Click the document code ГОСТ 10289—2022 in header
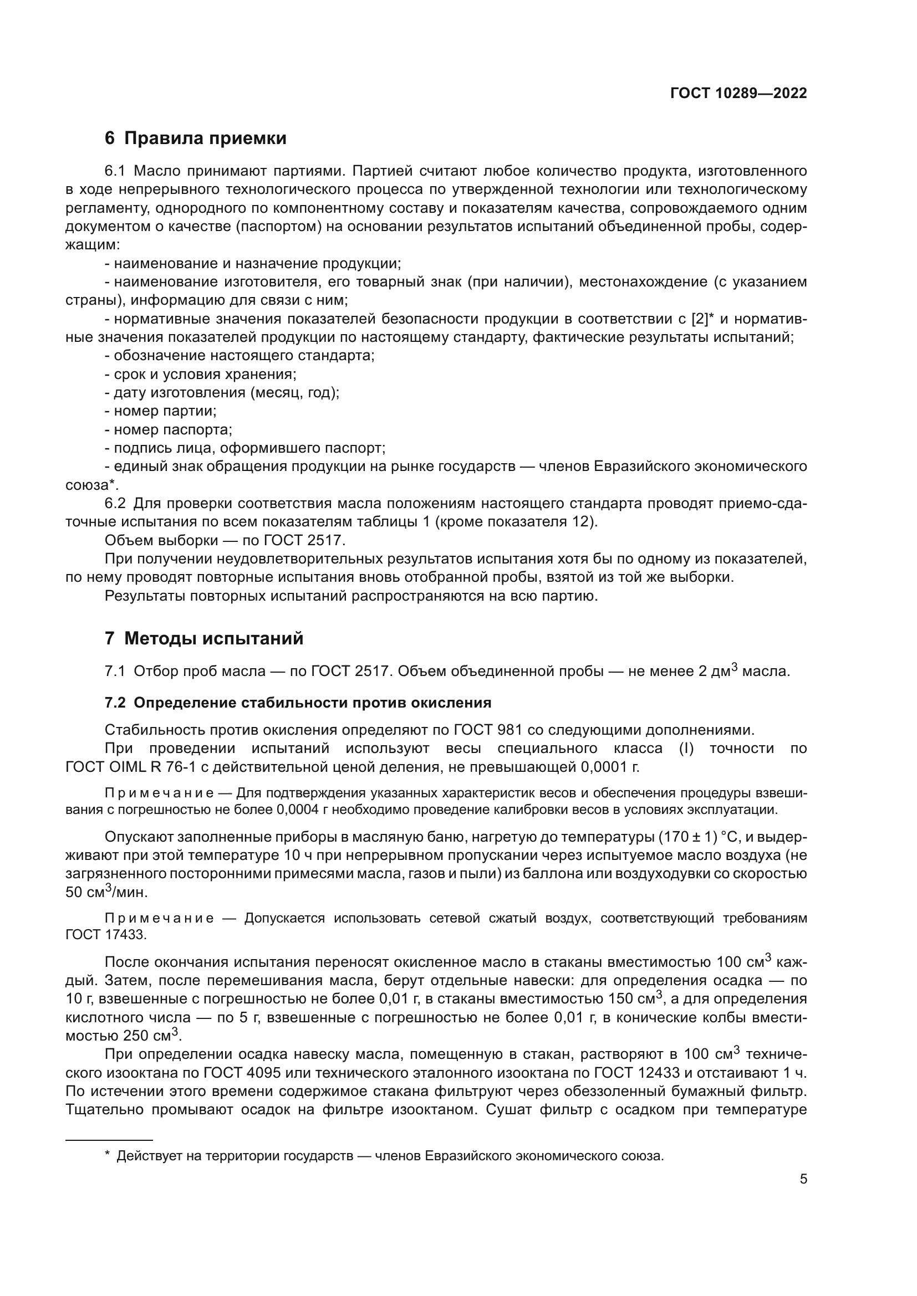point(738,93)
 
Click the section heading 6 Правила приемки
point(195,139)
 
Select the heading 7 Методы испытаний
point(204,638)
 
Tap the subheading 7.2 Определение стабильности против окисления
point(298,703)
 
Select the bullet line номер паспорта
point(169,429)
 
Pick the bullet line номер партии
point(160,411)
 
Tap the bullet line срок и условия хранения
point(201,374)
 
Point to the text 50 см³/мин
point(106,893)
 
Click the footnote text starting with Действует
point(390,1155)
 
